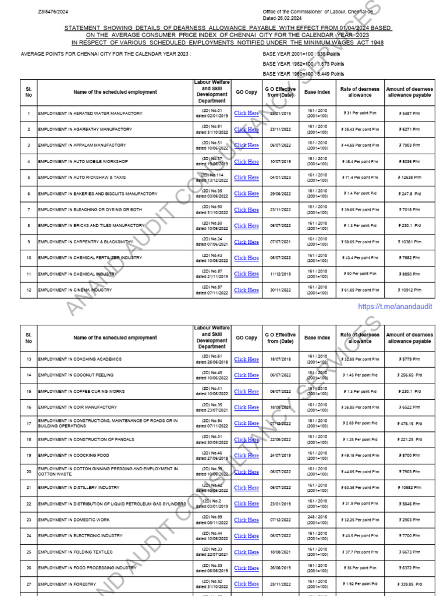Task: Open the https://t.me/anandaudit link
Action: pos(395,307)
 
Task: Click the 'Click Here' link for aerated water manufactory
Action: pos(246,113)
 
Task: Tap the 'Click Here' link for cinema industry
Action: pos(246,290)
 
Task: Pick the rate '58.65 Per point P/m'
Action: pos(360,242)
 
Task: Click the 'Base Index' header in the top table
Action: pos(317,93)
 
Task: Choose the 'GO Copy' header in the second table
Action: pos(246,338)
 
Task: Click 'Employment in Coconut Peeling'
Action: pos(76,375)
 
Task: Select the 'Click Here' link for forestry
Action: pos(246,584)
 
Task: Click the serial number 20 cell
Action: pos(29,471)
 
